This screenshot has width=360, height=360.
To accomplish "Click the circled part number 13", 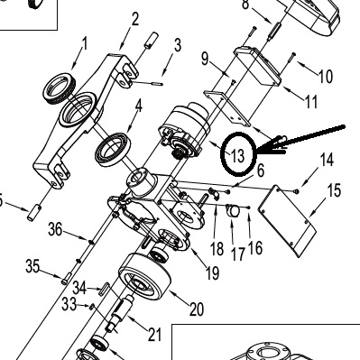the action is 238,156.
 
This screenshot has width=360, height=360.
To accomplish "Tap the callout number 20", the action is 197,309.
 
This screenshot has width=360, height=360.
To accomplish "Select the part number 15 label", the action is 334,190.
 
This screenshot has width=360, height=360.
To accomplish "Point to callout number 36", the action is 55,229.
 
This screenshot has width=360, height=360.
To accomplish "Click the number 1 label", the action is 85,43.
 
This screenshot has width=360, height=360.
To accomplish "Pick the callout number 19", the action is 212,273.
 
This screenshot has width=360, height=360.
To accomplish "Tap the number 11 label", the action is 311,102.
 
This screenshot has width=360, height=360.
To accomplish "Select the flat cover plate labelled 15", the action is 287,221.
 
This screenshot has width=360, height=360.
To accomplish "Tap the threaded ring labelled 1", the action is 60,88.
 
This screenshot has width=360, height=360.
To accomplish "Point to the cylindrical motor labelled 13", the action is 184,130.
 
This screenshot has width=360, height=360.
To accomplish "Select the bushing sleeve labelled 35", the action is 67,278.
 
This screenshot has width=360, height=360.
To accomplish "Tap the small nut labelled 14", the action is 297,190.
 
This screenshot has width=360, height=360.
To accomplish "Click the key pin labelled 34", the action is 106,288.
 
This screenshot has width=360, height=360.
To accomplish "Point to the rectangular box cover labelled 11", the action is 258,66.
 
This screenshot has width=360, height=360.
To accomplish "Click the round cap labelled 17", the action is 233,210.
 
